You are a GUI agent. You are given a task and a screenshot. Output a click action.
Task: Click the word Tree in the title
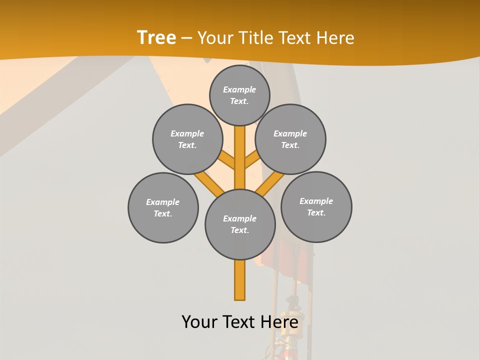point(156,37)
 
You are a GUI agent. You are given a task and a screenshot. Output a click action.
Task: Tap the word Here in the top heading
point(335,38)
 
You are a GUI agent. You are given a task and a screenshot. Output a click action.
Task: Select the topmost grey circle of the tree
point(239,95)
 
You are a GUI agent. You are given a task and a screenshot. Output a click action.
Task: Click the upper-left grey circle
point(187,139)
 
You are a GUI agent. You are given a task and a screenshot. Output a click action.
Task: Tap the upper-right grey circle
point(290,139)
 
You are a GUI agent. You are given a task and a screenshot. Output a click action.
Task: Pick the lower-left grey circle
point(163,207)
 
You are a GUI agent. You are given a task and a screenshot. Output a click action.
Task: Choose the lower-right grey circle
point(316,206)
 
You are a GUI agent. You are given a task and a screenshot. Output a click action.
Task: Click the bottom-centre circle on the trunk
point(240,224)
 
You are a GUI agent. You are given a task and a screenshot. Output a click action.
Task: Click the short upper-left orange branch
point(227,160)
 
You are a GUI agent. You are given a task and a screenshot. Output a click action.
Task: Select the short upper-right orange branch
point(252,160)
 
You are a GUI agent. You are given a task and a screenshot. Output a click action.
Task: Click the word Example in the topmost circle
point(239,89)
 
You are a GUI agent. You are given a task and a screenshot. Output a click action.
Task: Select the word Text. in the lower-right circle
point(316,212)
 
